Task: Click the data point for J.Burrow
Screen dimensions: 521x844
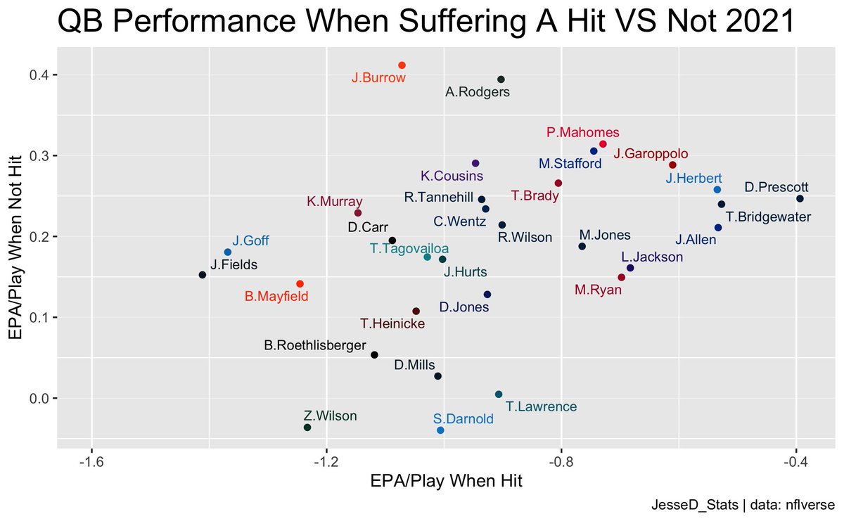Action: coord(402,65)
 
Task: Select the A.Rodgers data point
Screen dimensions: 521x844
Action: coord(501,79)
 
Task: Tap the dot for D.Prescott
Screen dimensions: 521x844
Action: coord(800,199)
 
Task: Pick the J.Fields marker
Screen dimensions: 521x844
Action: coord(203,275)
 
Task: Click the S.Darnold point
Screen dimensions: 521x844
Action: coord(440,430)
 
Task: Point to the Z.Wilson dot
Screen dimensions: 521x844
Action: coord(307,427)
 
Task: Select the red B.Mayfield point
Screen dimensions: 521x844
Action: coord(300,284)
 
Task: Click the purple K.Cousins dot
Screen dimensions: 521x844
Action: coord(475,163)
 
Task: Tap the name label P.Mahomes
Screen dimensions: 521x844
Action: coord(582,132)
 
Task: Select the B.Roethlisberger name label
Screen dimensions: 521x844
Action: coord(314,345)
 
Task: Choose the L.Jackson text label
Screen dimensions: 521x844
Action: coord(652,257)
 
